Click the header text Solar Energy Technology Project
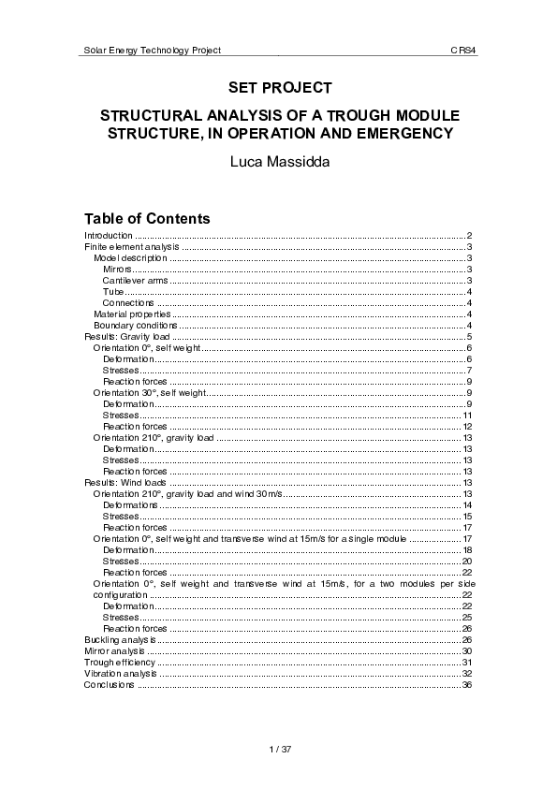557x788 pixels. pos(153,49)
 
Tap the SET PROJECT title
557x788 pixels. pos(280,88)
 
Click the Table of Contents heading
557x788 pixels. pos(147,218)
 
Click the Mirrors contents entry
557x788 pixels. pos(117,269)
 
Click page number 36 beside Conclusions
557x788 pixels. pos(465,684)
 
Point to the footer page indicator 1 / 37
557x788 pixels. pos(280,750)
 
